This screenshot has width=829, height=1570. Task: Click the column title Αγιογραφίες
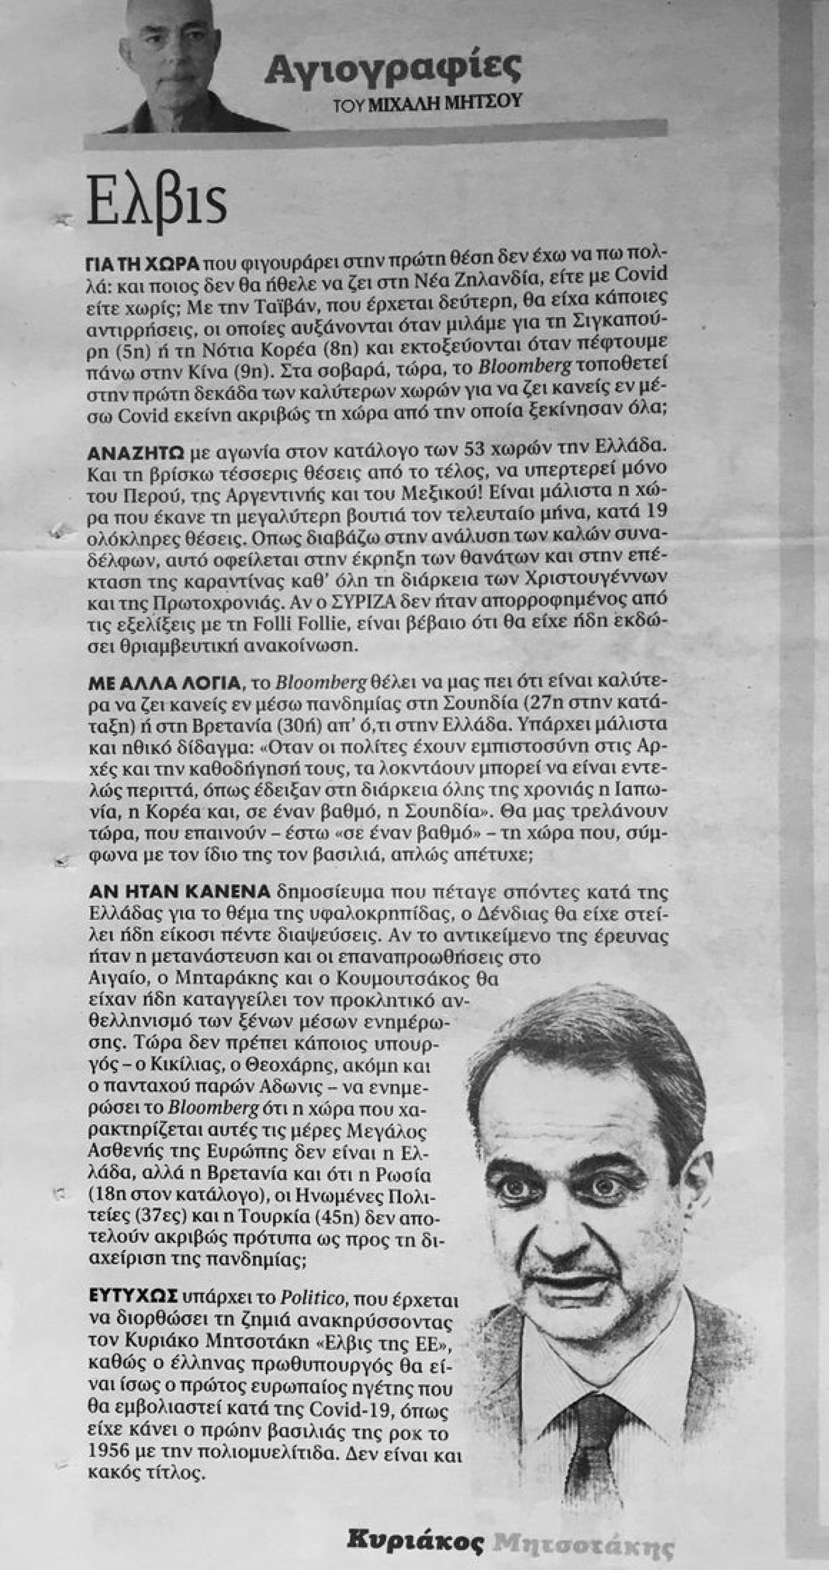point(392,69)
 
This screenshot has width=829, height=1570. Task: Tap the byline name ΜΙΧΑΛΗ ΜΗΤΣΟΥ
point(445,102)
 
